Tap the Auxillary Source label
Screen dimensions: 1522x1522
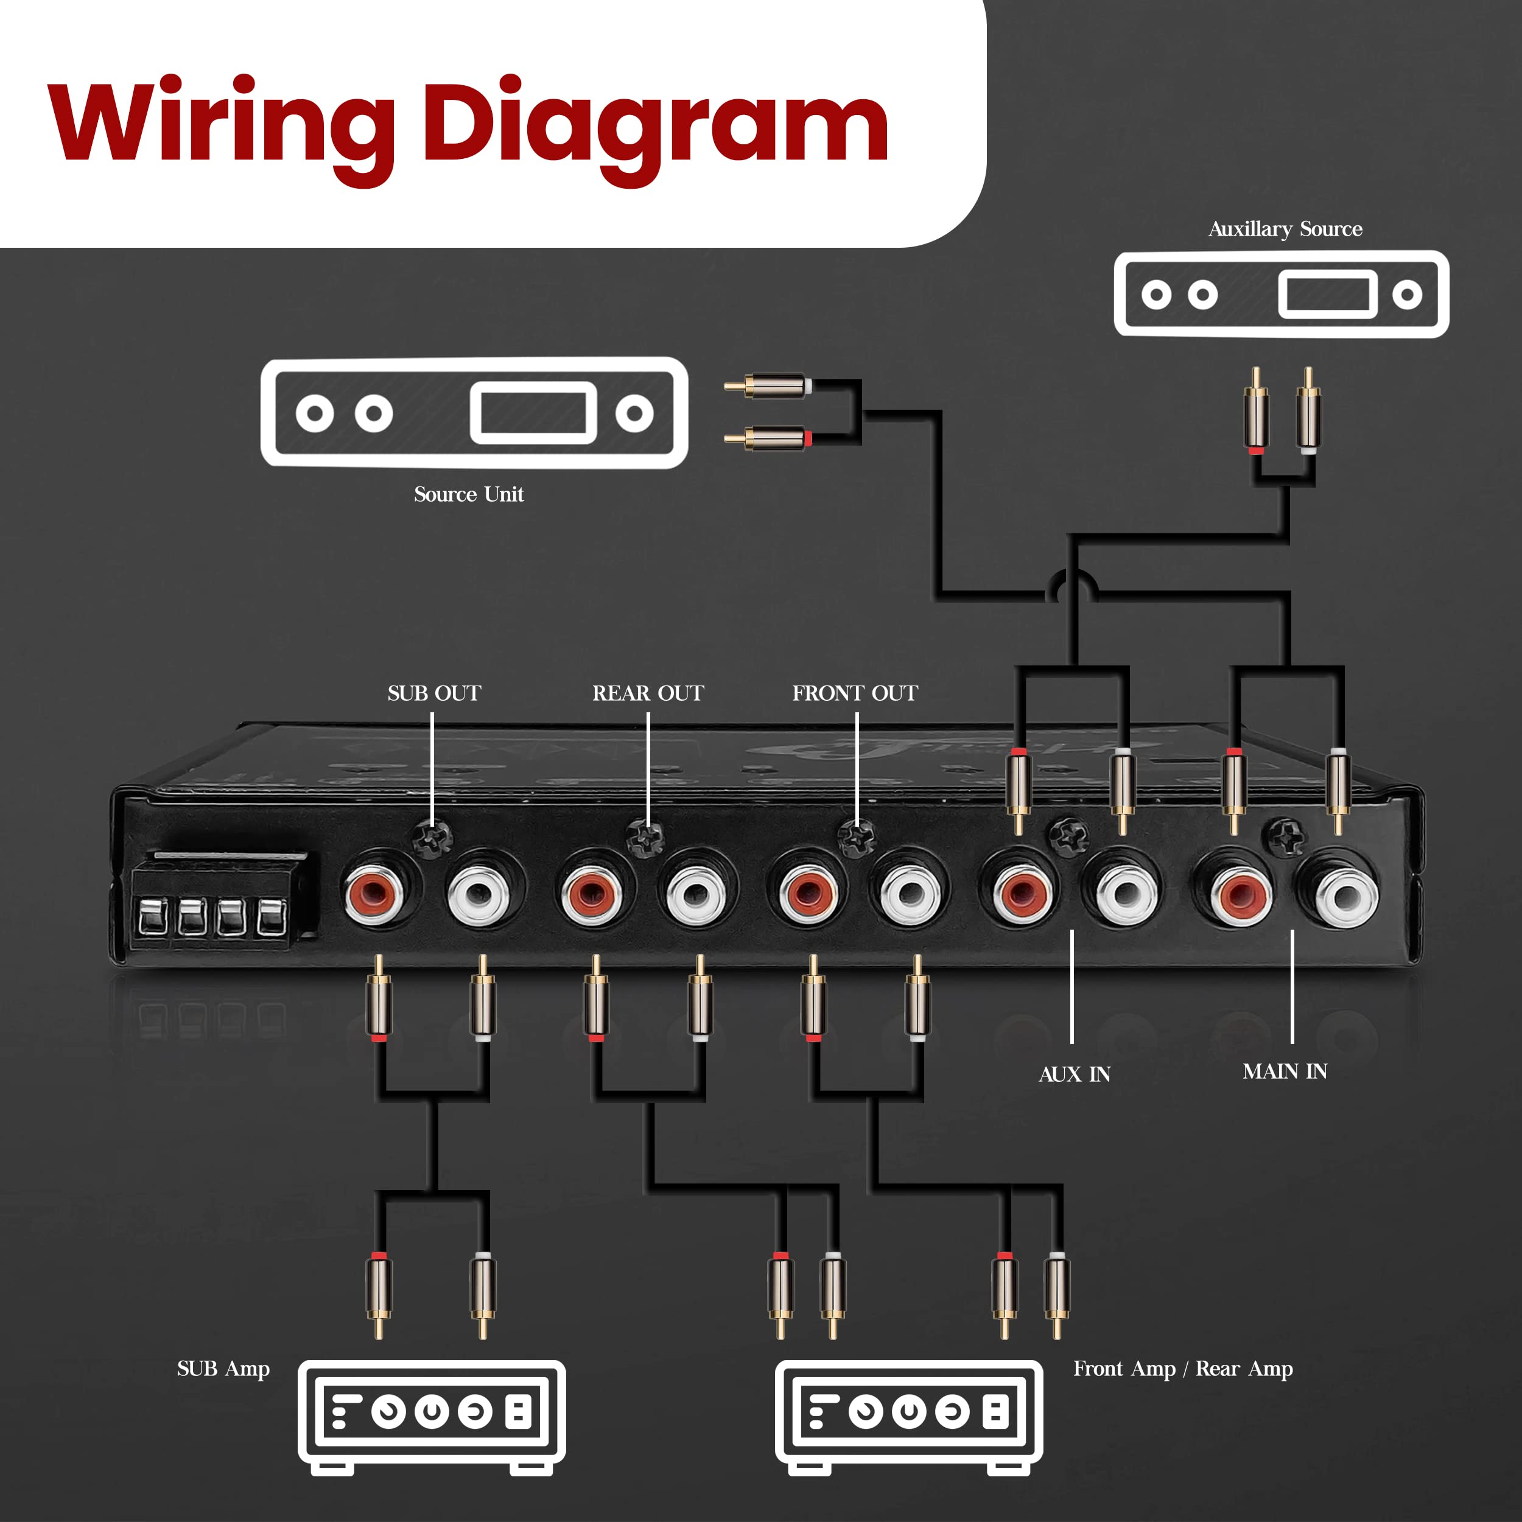pos(1285,230)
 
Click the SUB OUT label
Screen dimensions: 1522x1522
pos(434,693)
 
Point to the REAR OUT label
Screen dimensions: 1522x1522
pos(648,693)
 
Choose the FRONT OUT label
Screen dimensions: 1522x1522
pos(855,693)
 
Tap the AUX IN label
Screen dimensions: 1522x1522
pos(1074,1075)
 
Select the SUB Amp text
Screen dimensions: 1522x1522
pos(223,1369)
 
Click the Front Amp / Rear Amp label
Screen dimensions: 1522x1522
pos(1182,1369)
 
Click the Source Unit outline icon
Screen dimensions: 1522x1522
pos(474,412)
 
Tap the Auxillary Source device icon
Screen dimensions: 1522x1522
pos(1281,295)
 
